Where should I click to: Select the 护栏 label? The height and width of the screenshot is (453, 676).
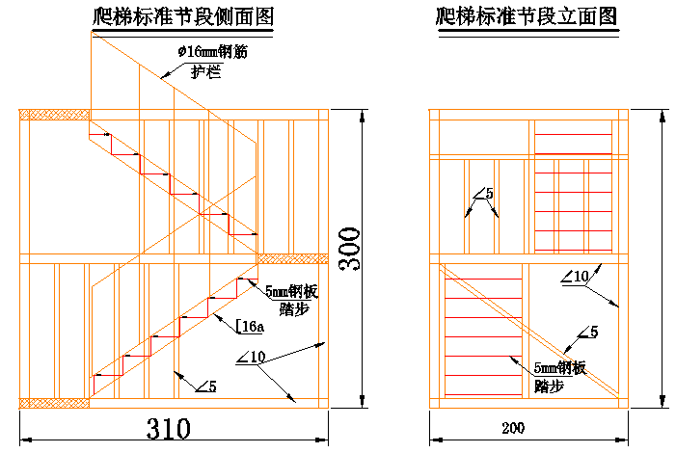click(205, 71)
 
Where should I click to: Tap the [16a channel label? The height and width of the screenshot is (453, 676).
click(250, 327)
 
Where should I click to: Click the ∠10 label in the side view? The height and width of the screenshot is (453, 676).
click(249, 359)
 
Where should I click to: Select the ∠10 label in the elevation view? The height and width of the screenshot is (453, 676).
click(574, 278)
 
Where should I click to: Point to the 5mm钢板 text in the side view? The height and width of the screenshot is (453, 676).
click(291, 290)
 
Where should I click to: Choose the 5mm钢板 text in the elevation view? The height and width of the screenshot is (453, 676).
click(560, 367)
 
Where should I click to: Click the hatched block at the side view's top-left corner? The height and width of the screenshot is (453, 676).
click(54, 115)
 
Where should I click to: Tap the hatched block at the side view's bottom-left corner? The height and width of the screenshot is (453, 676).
click(54, 402)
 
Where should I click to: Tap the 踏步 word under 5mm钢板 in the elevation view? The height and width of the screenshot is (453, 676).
click(548, 385)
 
